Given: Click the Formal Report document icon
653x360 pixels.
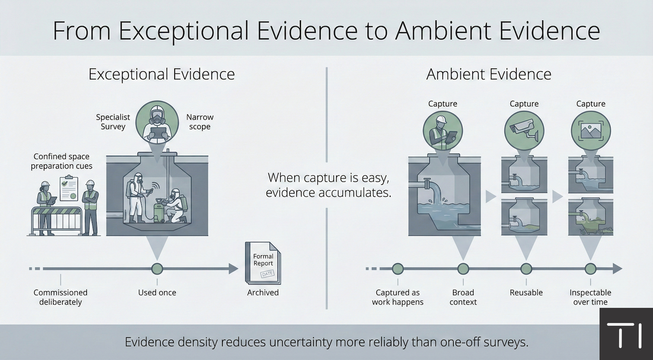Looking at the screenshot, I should [263, 263].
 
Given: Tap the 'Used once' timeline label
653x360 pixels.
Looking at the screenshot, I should [157, 293].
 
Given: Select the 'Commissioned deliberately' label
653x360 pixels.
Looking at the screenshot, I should [60, 297].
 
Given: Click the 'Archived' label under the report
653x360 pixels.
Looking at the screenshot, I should [263, 293].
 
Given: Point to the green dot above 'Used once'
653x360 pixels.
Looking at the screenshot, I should [157, 268].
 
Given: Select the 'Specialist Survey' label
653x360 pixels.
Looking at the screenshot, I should [113, 122].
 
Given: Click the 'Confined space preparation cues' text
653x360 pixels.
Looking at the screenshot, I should [61, 162].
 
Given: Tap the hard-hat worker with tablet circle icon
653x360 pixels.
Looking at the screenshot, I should [442, 131].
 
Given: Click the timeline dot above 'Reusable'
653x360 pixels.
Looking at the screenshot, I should [526, 268].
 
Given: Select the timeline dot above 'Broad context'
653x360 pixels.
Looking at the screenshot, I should [463, 268].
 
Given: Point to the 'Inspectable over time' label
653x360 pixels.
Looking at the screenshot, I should [590, 297].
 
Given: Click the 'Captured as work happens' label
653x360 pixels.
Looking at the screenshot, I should [398, 297].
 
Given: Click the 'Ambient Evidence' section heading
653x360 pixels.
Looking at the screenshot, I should [489, 74].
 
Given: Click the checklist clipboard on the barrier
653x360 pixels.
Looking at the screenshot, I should [68, 188].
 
